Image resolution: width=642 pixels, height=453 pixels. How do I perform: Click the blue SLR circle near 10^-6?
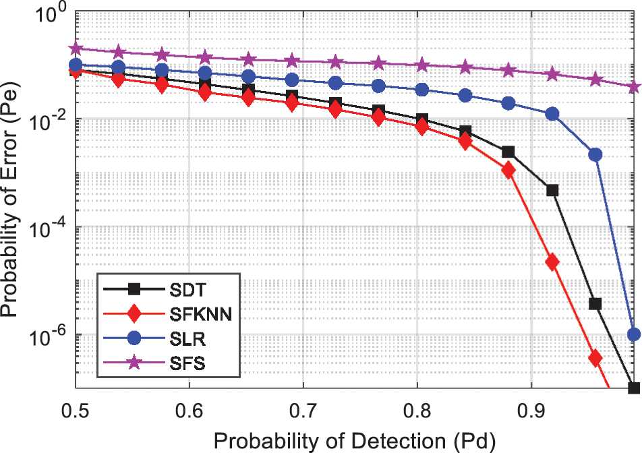(x=634, y=334)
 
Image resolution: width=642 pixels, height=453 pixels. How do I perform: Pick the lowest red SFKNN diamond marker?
(x=595, y=357)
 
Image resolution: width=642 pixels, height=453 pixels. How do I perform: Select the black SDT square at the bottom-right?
(x=634, y=388)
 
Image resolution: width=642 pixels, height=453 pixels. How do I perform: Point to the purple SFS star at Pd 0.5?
(x=76, y=49)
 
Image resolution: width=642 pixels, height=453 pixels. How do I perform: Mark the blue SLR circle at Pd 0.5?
(x=76, y=65)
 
